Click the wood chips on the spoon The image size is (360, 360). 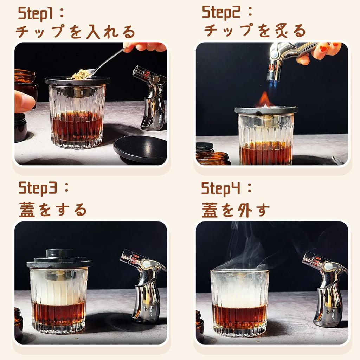coord(81,75)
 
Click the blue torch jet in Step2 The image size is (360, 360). coord(273,84)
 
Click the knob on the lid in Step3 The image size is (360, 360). coord(59,253)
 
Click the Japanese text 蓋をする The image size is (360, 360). coord(53,210)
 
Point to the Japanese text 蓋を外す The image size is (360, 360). coord(236,210)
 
